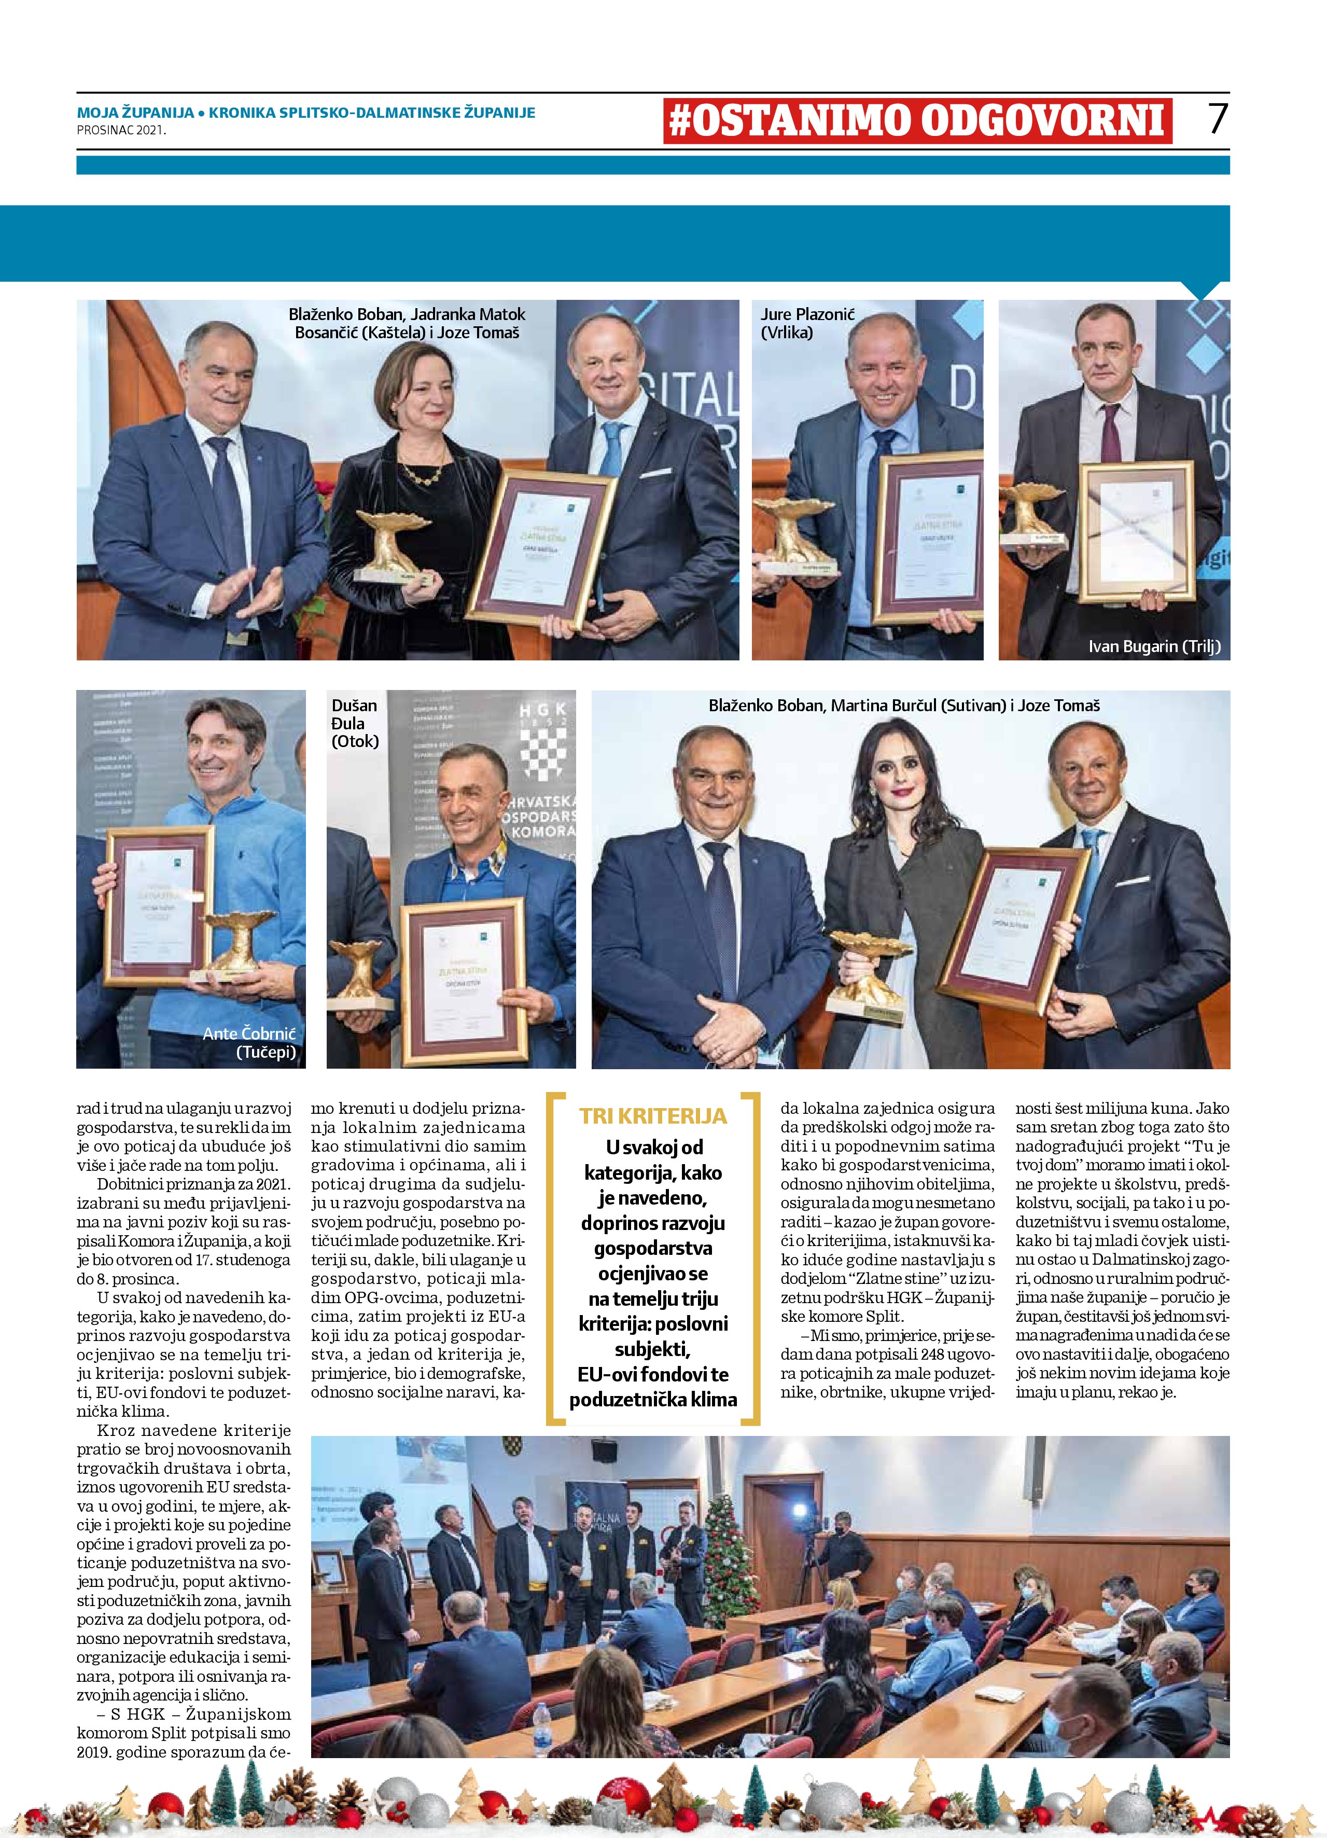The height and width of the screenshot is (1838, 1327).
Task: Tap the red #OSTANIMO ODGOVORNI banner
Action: coord(917,121)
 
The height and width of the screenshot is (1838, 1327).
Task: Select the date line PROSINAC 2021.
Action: coord(121,130)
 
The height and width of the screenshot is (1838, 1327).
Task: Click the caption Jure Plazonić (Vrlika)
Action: coord(807,323)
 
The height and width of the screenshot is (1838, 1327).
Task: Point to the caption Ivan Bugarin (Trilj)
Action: coord(1154,647)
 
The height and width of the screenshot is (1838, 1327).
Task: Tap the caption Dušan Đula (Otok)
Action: coord(354,723)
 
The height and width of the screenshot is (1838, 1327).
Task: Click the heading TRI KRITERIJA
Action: coord(653,1116)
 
